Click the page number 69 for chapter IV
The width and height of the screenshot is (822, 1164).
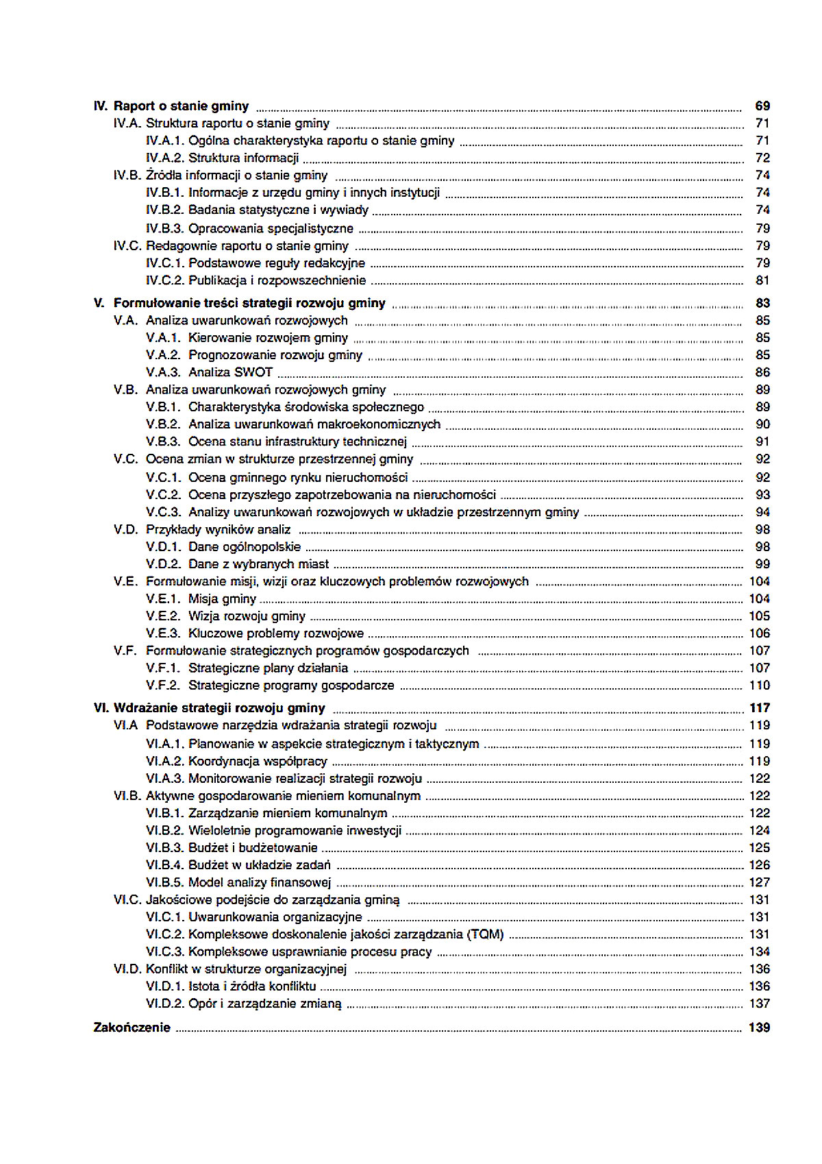762,106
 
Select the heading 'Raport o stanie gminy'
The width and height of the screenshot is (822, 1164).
181,106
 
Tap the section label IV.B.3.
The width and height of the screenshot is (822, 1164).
164,228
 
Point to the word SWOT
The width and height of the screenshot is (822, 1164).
253,372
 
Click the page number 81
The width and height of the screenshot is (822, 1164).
762,280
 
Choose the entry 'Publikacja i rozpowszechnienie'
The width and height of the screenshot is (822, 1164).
277,280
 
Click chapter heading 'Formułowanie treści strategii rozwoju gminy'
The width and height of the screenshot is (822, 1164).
249,303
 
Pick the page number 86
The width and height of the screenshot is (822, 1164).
762,372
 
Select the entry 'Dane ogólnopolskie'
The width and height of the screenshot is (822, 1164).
244,547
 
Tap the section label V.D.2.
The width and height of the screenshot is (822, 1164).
163,564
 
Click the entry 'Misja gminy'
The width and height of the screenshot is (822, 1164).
222,599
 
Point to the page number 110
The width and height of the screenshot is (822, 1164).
760,686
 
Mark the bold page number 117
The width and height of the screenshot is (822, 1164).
760,708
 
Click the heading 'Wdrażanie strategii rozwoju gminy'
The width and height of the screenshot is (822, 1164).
219,708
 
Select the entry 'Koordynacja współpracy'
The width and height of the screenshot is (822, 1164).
258,762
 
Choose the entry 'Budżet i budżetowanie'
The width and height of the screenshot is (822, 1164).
253,848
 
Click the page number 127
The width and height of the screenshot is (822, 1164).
759,883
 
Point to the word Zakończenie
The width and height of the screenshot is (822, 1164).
132,1028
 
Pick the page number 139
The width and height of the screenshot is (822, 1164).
759,1028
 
